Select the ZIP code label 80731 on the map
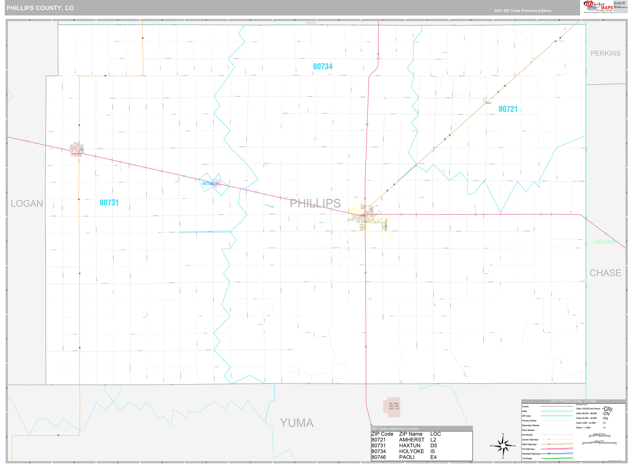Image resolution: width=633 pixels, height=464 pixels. click(109, 203)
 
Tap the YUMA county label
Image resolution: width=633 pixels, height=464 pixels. click(297, 423)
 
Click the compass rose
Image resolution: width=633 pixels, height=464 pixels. click(503, 446)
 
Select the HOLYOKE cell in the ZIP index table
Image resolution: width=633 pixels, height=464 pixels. click(411, 451)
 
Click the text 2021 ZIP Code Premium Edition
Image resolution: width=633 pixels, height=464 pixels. click(523, 11)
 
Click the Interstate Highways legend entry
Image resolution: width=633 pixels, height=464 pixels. click(531, 454)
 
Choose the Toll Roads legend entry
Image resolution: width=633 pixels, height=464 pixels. click(527, 459)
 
